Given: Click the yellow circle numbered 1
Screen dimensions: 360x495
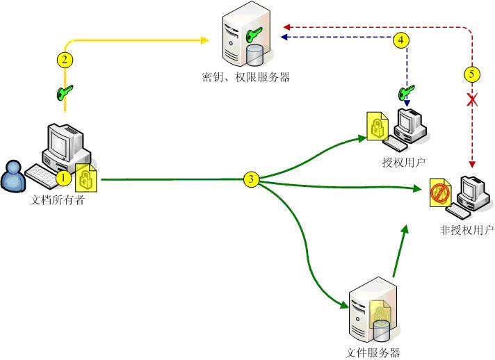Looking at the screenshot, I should (x=63, y=178).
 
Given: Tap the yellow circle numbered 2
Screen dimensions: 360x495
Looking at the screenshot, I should (x=64, y=59).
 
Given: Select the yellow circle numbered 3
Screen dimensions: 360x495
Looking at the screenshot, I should (x=252, y=179).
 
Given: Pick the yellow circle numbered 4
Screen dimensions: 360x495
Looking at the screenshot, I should (x=400, y=40).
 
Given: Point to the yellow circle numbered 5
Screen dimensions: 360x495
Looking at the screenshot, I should (x=472, y=72).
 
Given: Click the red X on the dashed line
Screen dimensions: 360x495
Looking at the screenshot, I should (x=472, y=100).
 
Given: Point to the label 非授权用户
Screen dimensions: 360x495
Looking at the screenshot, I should (x=466, y=229).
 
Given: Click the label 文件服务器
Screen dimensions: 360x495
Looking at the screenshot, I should (x=373, y=352).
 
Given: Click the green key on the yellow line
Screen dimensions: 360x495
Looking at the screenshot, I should (x=65, y=92).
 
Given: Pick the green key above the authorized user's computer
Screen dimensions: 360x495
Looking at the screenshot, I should (x=405, y=92).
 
